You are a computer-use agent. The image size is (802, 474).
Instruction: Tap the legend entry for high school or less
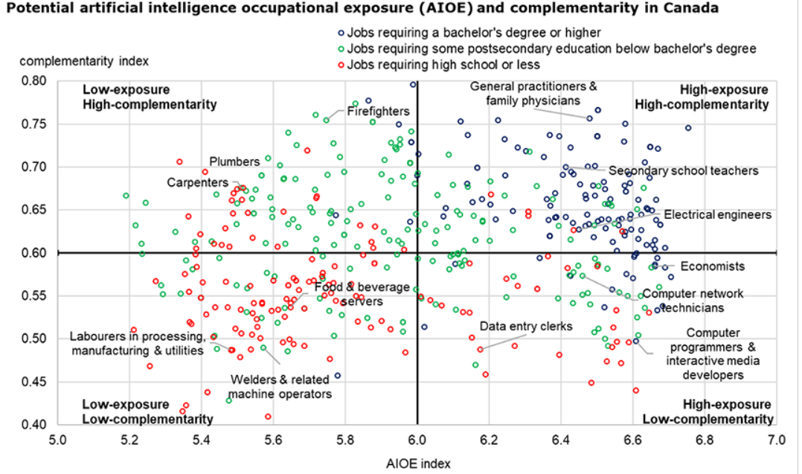tap(446, 65)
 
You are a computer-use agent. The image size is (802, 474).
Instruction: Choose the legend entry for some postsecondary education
tap(551, 48)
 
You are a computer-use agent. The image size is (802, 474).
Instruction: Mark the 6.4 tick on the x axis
tap(561, 440)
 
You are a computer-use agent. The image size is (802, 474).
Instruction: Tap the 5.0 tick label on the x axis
tap(57, 440)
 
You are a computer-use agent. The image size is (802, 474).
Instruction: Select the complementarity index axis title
tap(85, 60)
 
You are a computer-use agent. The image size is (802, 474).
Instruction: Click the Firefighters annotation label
tap(379, 112)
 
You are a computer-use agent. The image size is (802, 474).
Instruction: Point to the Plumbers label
tap(234, 161)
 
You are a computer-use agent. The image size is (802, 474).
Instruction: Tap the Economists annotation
tap(702, 266)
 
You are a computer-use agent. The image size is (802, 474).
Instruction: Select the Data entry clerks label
tap(525, 326)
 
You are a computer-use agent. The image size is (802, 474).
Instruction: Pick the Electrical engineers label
tap(717, 214)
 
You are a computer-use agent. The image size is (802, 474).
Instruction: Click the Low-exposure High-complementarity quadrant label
tap(149, 97)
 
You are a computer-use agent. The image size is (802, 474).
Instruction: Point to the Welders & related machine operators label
tap(280, 386)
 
